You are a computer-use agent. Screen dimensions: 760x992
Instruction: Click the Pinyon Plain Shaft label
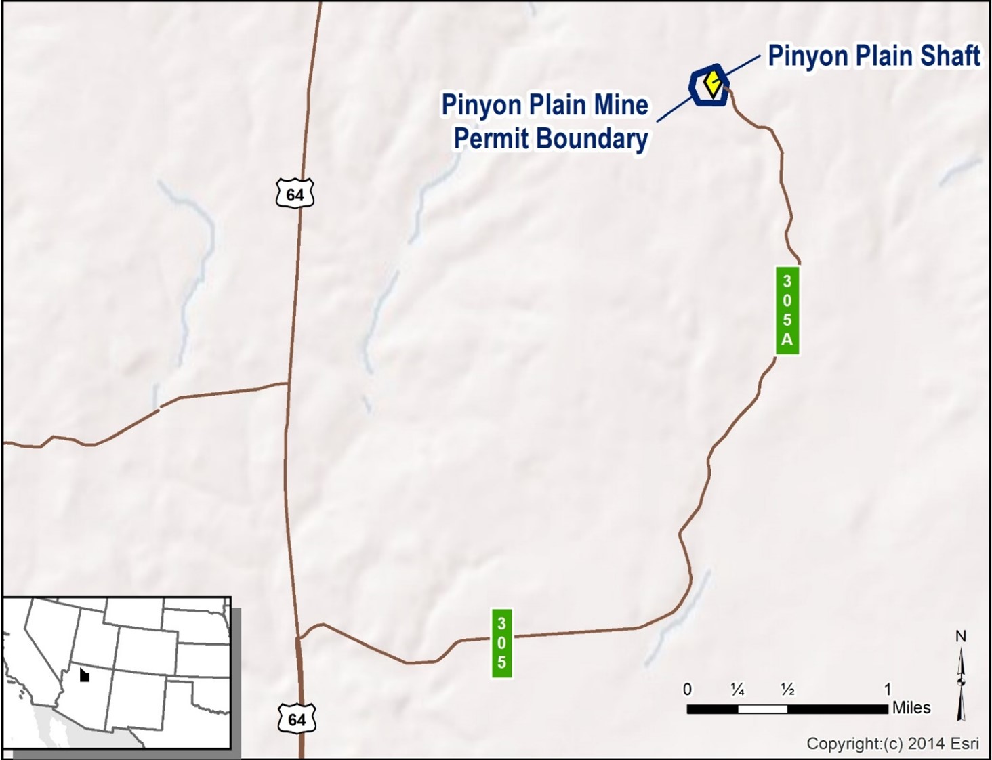873,56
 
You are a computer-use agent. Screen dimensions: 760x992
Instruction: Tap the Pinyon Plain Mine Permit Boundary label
545,122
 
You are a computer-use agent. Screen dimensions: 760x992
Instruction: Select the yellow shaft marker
711,83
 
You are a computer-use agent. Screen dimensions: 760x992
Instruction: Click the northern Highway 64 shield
295,194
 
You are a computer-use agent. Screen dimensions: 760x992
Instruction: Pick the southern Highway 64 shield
297,719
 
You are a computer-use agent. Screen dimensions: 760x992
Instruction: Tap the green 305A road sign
787,310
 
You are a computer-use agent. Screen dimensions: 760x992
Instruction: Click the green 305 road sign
501,643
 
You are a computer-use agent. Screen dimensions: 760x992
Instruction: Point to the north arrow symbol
960,684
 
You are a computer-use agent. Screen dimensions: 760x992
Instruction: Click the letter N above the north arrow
960,637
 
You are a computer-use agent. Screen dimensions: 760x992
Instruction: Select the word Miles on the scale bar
911,708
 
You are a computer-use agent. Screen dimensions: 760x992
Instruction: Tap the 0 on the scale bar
687,690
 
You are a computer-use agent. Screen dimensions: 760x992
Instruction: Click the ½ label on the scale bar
787,690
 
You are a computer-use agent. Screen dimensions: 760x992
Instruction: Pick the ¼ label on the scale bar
737,690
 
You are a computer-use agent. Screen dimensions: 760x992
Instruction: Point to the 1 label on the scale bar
888,690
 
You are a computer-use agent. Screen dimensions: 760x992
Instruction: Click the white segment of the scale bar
762,709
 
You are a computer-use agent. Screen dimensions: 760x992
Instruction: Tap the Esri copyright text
892,744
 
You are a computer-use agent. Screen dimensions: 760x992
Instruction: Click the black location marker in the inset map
84,675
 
